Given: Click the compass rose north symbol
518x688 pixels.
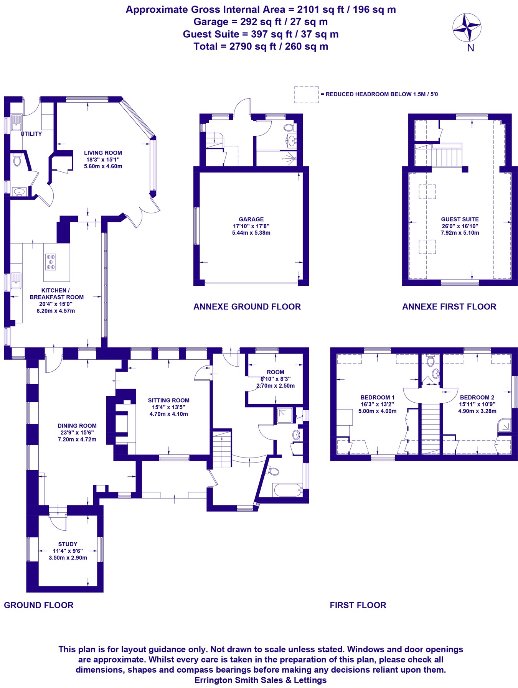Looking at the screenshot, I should pyautogui.click(x=467, y=28).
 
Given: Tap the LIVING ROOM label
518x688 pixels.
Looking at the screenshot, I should pyautogui.click(x=103, y=153).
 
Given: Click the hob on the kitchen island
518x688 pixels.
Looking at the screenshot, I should pyautogui.click(x=51, y=262).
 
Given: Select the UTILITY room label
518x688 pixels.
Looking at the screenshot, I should pyautogui.click(x=31, y=134).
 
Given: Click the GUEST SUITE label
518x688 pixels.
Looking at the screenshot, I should pyautogui.click(x=460, y=219).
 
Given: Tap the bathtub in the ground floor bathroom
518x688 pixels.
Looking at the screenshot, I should pyautogui.click(x=287, y=490).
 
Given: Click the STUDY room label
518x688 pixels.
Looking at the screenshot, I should pyautogui.click(x=68, y=544).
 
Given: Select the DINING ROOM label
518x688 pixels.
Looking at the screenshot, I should pyautogui.click(x=77, y=426).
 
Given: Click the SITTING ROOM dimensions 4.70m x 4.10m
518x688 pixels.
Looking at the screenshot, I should pyautogui.click(x=169, y=414).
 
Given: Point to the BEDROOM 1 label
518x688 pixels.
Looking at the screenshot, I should pyautogui.click(x=377, y=397).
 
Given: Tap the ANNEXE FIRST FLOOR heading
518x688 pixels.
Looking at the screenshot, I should pyautogui.click(x=449, y=306).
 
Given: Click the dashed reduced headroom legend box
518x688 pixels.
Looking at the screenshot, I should pyautogui.click(x=306, y=94).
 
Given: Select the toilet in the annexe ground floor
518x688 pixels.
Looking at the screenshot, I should pyautogui.click(x=289, y=128).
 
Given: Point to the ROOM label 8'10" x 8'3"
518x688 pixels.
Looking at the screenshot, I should pyautogui.click(x=275, y=372).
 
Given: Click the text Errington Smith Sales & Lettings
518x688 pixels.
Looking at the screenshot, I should pyautogui.click(x=261, y=680).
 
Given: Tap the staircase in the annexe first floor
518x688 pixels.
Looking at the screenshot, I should pyautogui.click(x=447, y=157).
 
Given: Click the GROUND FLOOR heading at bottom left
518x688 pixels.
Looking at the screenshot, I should pyautogui.click(x=38, y=605).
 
